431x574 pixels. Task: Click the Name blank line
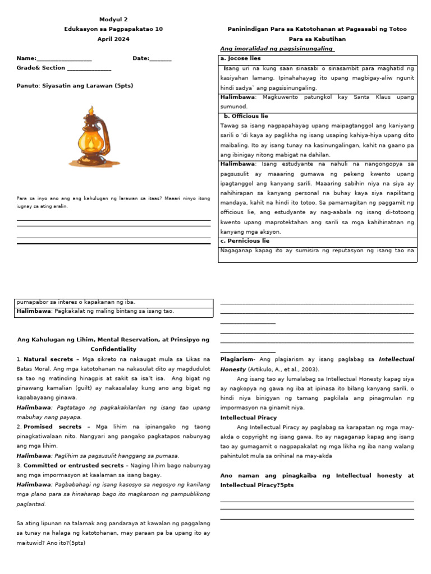pos(64,59)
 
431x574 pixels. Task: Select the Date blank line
pos(161,59)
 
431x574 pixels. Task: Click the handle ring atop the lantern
pos(90,110)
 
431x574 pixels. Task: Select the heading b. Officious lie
pos(246,116)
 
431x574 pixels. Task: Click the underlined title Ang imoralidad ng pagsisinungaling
pos(277,49)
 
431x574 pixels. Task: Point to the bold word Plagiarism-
pos(238,359)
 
